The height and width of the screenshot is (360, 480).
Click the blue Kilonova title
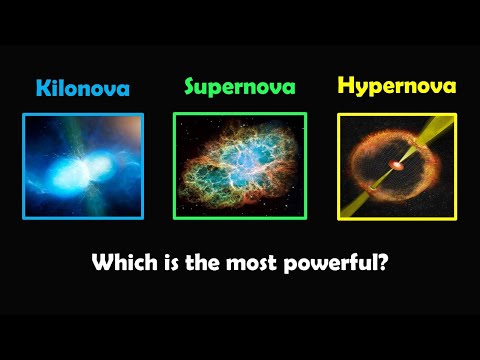[83, 88]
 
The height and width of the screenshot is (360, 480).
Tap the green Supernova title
[240, 86]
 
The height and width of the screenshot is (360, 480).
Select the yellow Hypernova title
[397, 86]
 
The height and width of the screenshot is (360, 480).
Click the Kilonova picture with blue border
[83, 165]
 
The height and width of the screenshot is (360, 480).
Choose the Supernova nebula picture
[240, 165]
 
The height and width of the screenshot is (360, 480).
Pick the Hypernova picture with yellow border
[397, 165]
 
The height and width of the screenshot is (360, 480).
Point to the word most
[256, 265]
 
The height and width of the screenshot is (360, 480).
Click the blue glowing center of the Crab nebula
[240, 160]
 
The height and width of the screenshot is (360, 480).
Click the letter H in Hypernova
[346, 86]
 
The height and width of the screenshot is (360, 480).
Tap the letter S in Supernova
[191, 86]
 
